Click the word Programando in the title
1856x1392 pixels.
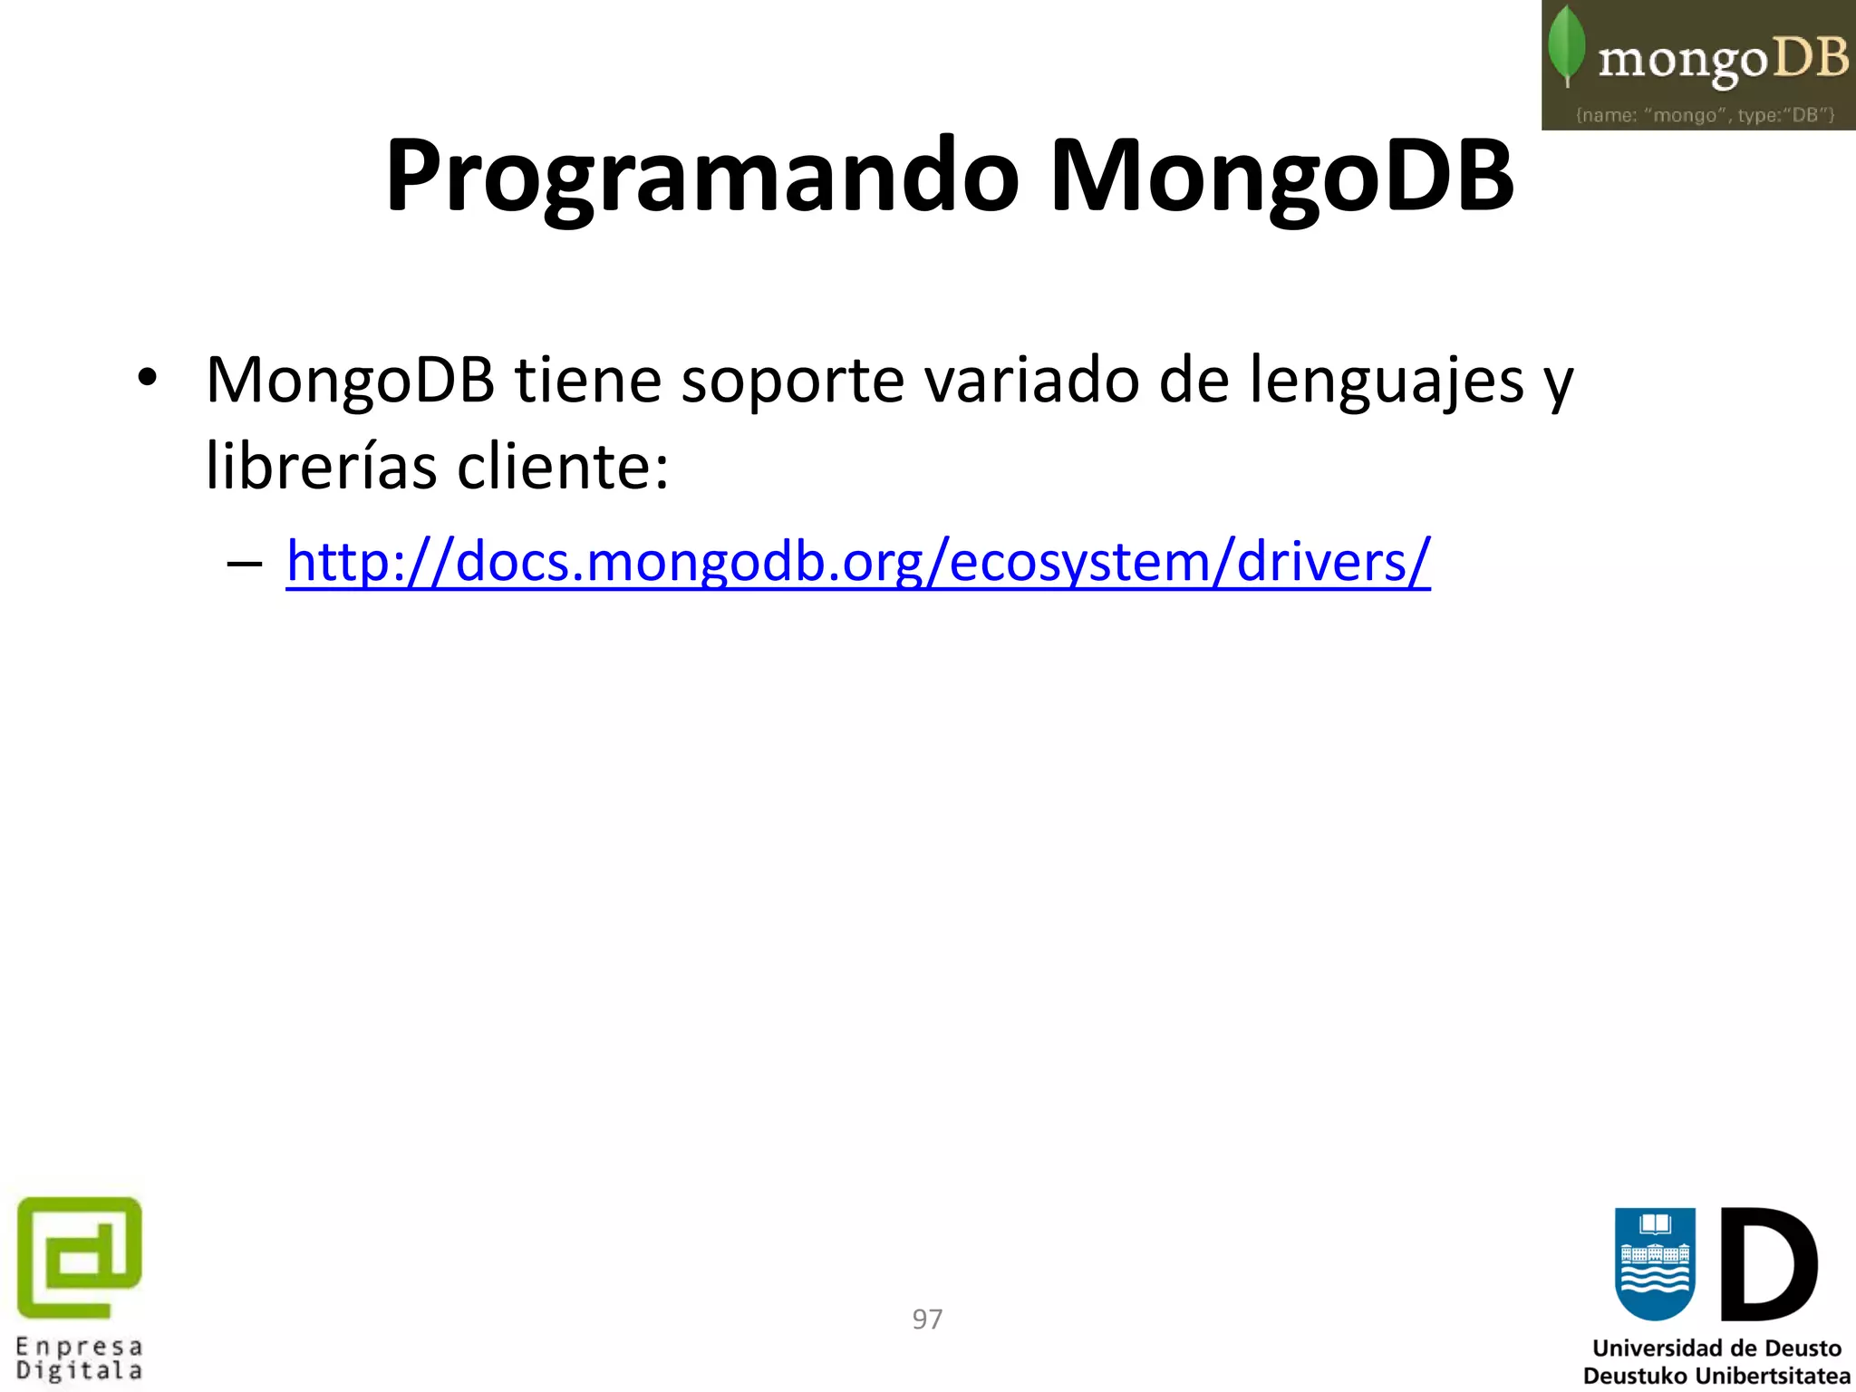coord(702,177)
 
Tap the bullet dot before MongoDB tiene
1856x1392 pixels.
coord(147,378)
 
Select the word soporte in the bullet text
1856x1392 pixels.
coord(792,381)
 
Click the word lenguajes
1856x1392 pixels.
coord(1387,381)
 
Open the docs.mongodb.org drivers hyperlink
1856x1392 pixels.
coord(857,562)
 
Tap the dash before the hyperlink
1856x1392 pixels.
coord(245,565)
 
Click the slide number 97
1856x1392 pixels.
coord(927,1319)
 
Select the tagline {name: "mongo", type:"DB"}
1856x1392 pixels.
coord(1705,115)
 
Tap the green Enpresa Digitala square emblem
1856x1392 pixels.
coord(80,1257)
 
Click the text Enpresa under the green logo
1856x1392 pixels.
coord(80,1347)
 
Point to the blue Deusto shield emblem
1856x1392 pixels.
coord(1655,1263)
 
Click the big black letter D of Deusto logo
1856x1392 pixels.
coord(1767,1263)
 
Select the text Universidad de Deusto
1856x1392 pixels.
coord(1716,1348)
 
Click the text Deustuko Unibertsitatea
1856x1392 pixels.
coord(1716,1376)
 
